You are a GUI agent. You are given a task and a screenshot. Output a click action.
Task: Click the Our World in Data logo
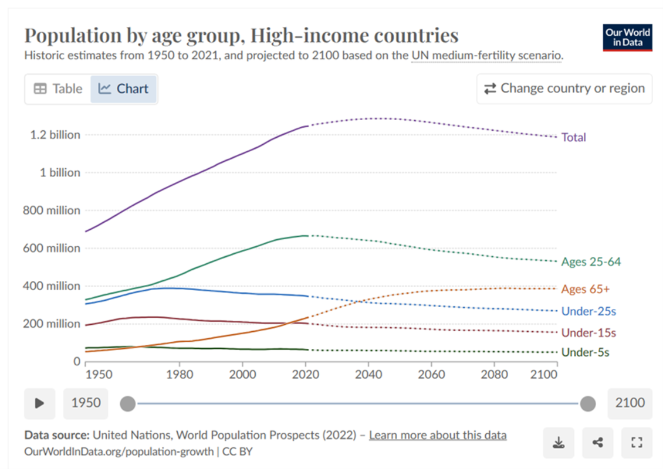627,38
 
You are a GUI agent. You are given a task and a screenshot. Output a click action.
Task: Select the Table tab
58,89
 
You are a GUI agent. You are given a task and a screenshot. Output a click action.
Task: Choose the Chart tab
124,89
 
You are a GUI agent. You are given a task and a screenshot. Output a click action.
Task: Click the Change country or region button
564,89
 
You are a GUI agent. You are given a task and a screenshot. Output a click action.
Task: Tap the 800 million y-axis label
52,210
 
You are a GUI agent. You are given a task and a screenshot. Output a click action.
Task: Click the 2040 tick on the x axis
368,375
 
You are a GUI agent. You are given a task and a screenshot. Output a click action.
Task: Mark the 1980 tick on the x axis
179,375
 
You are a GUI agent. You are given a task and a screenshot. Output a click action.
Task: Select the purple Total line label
573,137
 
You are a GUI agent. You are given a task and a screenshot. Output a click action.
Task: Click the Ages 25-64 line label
590,261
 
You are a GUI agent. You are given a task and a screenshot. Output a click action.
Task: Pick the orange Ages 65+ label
585,289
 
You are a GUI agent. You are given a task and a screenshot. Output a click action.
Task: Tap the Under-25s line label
588,311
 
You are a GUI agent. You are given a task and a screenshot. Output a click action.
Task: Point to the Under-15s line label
588,332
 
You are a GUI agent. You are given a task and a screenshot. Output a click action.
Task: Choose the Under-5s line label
585,352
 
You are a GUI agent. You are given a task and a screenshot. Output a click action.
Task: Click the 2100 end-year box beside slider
630,403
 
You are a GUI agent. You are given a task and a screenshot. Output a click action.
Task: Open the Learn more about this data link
438,435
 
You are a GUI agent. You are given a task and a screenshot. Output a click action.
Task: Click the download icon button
559,443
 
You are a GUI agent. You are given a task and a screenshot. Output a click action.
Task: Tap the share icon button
597,443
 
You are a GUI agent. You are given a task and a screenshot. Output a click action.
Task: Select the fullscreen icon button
636,443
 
